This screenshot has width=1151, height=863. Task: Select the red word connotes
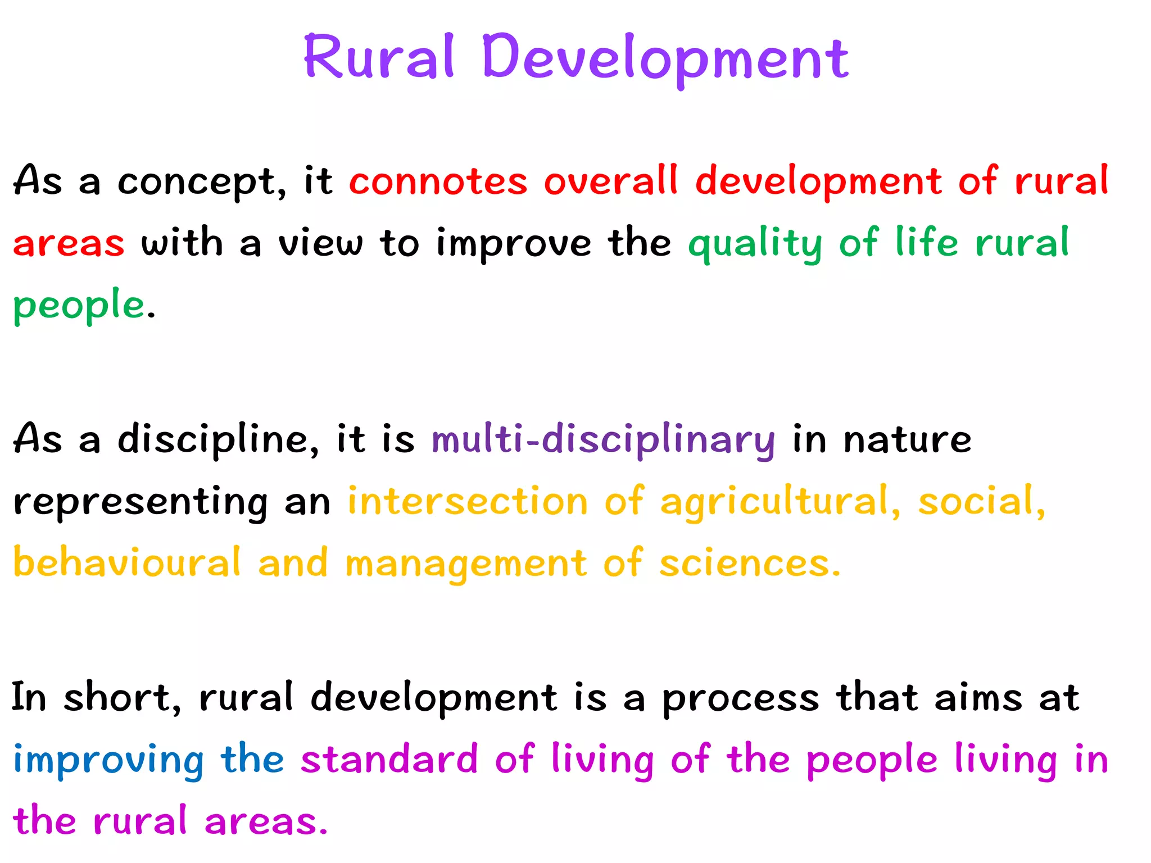438,181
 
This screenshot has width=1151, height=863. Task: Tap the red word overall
611,181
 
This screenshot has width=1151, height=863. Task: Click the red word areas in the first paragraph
69,244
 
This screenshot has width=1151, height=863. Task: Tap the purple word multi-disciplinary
603,439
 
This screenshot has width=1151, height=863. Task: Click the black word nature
907,439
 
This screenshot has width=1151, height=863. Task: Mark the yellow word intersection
468,501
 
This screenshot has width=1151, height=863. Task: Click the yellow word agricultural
780,501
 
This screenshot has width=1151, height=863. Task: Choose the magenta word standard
389,760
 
